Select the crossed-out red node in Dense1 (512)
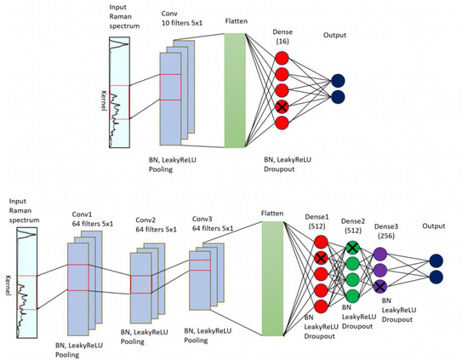(320, 258)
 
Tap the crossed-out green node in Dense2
(353, 248)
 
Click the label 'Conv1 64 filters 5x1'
(93, 220)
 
